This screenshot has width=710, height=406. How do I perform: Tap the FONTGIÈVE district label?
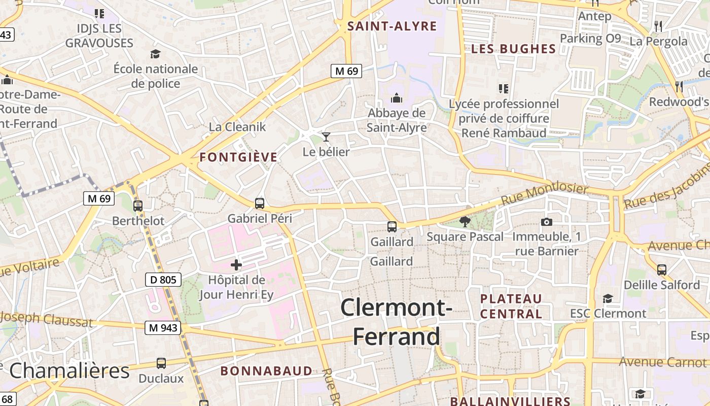click(238, 157)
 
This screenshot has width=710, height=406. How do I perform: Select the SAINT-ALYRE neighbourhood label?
click(392, 26)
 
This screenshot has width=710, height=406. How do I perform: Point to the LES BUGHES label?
click(514, 49)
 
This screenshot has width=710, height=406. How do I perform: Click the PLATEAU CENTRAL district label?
click(511, 306)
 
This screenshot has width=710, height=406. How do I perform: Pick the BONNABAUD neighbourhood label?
click(266, 371)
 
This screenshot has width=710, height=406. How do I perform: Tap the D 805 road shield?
click(163, 279)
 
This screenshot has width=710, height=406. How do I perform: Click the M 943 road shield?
click(163, 328)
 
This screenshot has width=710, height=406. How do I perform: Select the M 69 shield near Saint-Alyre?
click(346, 71)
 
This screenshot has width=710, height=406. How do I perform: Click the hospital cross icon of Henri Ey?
click(236, 264)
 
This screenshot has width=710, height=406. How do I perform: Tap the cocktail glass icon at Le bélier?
click(326, 137)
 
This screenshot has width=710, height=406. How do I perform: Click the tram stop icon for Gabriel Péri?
click(260, 204)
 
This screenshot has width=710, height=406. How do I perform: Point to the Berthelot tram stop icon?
click(137, 206)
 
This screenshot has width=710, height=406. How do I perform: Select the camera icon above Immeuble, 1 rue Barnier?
click(546, 222)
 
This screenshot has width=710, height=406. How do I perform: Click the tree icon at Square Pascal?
click(464, 221)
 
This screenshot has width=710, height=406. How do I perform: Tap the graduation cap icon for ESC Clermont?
click(608, 298)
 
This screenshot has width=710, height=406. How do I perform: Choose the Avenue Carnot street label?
click(662, 362)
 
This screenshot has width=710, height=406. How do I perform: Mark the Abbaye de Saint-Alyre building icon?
click(397, 98)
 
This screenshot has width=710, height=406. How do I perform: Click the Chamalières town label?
click(69, 371)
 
